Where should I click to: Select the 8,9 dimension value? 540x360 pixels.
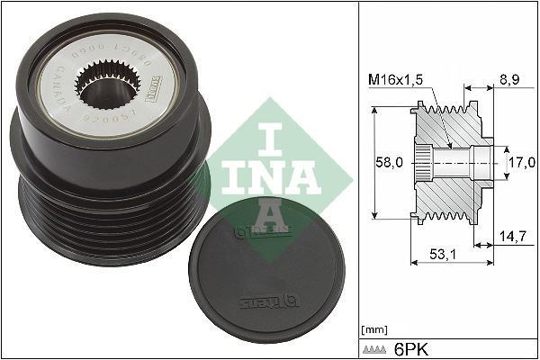click(510, 80)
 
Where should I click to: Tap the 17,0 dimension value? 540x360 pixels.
click(521, 163)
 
